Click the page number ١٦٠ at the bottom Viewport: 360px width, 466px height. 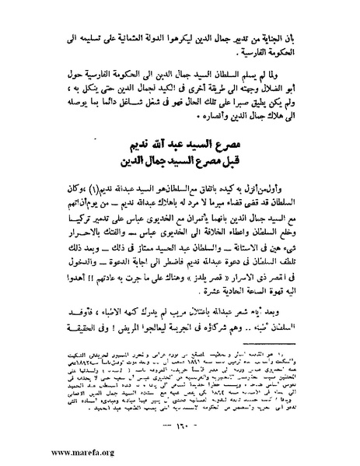click(180, 426)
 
